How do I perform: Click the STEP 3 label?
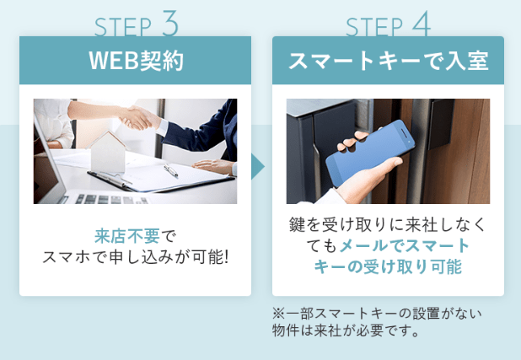tap(137, 24)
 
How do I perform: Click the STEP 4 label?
tap(388, 24)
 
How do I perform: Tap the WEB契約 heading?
tap(136, 61)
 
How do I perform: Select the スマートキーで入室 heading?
tap(388, 61)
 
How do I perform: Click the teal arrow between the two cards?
tap(257, 166)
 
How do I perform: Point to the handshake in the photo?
tap(138, 118)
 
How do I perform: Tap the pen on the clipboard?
tap(171, 170)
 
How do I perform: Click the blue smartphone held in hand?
tap(370, 153)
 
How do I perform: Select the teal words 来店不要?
tap(127, 236)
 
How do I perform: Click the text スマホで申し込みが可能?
tap(136, 257)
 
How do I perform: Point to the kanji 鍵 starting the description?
tap(297, 225)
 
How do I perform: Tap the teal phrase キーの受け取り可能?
tap(388, 266)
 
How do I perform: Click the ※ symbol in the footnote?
tap(278, 313)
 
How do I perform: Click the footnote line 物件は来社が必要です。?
tap(346, 330)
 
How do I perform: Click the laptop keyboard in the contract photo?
tap(110, 199)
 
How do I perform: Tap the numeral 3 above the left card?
tap(170, 23)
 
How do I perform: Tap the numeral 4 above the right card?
tap(422, 24)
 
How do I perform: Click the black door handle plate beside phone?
tap(441, 124)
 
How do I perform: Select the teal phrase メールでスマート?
tap(404, 245)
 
